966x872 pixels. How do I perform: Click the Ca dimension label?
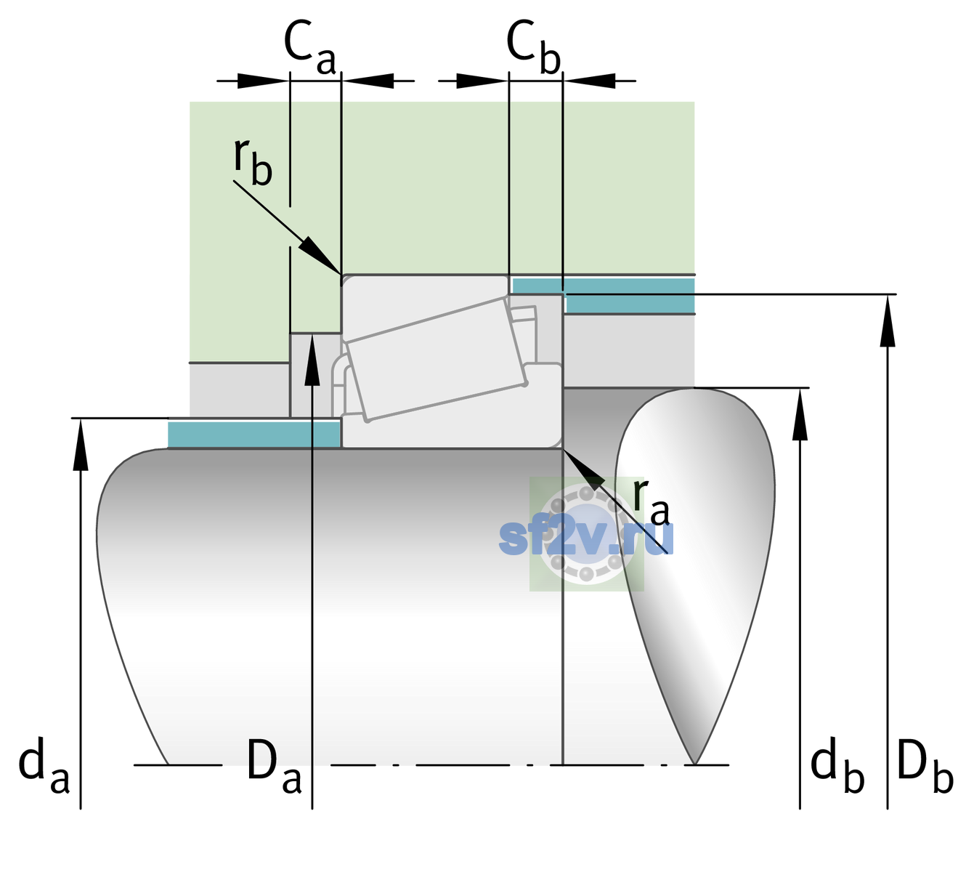[309, 48]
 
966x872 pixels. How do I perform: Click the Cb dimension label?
[533, 48]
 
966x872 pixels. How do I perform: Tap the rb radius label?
[253, 161]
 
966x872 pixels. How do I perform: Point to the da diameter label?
[44, 765]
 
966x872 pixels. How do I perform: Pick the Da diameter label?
[275, 765]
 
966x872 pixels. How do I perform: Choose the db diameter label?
[837, 765]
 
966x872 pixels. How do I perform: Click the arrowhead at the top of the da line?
[81, 444]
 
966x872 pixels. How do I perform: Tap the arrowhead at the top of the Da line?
[312, 358]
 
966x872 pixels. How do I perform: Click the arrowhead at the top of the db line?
[800, 413]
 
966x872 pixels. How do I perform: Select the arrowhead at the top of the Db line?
[888, 320]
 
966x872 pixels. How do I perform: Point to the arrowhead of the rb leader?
[320, 255]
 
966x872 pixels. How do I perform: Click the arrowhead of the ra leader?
[583, 469]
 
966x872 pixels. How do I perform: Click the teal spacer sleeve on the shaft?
[253, 435]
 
